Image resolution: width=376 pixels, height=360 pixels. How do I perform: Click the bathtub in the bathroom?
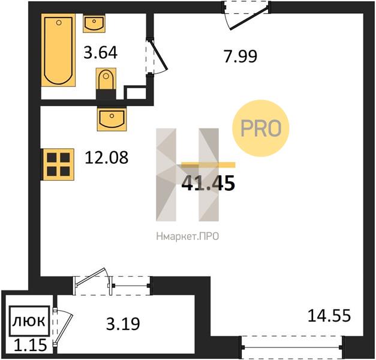[58, 50]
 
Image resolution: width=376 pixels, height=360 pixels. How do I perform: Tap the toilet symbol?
[106, 79]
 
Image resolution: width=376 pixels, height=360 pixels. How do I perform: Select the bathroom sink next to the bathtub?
[94, 23]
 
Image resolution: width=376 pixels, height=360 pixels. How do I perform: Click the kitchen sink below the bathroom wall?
[112, 119]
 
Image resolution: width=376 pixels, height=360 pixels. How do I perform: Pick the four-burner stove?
[58, 164]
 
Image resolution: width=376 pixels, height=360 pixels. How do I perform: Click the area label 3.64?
[101, 53]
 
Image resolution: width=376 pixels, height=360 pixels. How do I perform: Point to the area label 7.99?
[240, 56]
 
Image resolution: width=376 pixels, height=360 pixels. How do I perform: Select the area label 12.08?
[107, 158]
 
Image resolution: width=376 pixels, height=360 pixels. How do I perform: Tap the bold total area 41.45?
[208, 183]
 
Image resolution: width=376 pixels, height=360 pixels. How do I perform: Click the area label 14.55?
[329, 316]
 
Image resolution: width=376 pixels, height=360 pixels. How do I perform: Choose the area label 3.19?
[123, 323]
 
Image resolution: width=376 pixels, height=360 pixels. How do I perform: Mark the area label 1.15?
[31, 345]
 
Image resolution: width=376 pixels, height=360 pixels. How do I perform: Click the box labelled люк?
[29, 321]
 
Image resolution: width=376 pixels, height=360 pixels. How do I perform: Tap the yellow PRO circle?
[261, 128]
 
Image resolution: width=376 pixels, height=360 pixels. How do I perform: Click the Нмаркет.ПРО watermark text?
[188, 236]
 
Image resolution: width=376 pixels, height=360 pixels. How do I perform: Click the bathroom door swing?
[158, 56]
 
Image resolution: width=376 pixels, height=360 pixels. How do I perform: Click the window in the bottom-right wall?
[293, 347]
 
